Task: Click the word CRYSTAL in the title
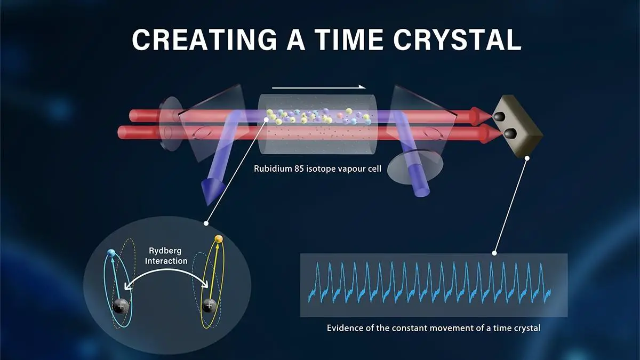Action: (458, 39)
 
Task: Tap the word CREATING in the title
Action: (204, 39)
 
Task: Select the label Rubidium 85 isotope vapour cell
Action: (317, 169)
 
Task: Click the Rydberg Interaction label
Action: (166, 255)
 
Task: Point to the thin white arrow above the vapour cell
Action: (318, 87)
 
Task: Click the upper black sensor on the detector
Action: (500, 116)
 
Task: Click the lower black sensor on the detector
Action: (510, 133)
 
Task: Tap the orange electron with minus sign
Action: (219, 238)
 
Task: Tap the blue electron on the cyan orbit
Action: (111, 253)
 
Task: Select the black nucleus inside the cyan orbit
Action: (121, 306)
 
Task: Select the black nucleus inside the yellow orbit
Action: (210, 306)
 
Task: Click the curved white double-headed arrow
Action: (166, 276)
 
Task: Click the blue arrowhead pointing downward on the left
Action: (211, 191)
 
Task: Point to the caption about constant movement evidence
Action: (434, 328)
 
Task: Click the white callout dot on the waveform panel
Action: (494, 253)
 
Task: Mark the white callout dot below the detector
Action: (527, 158)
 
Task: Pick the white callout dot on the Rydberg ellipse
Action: (206, 223)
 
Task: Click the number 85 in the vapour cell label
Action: (299, 169)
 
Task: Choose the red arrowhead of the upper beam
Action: (482, 116)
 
